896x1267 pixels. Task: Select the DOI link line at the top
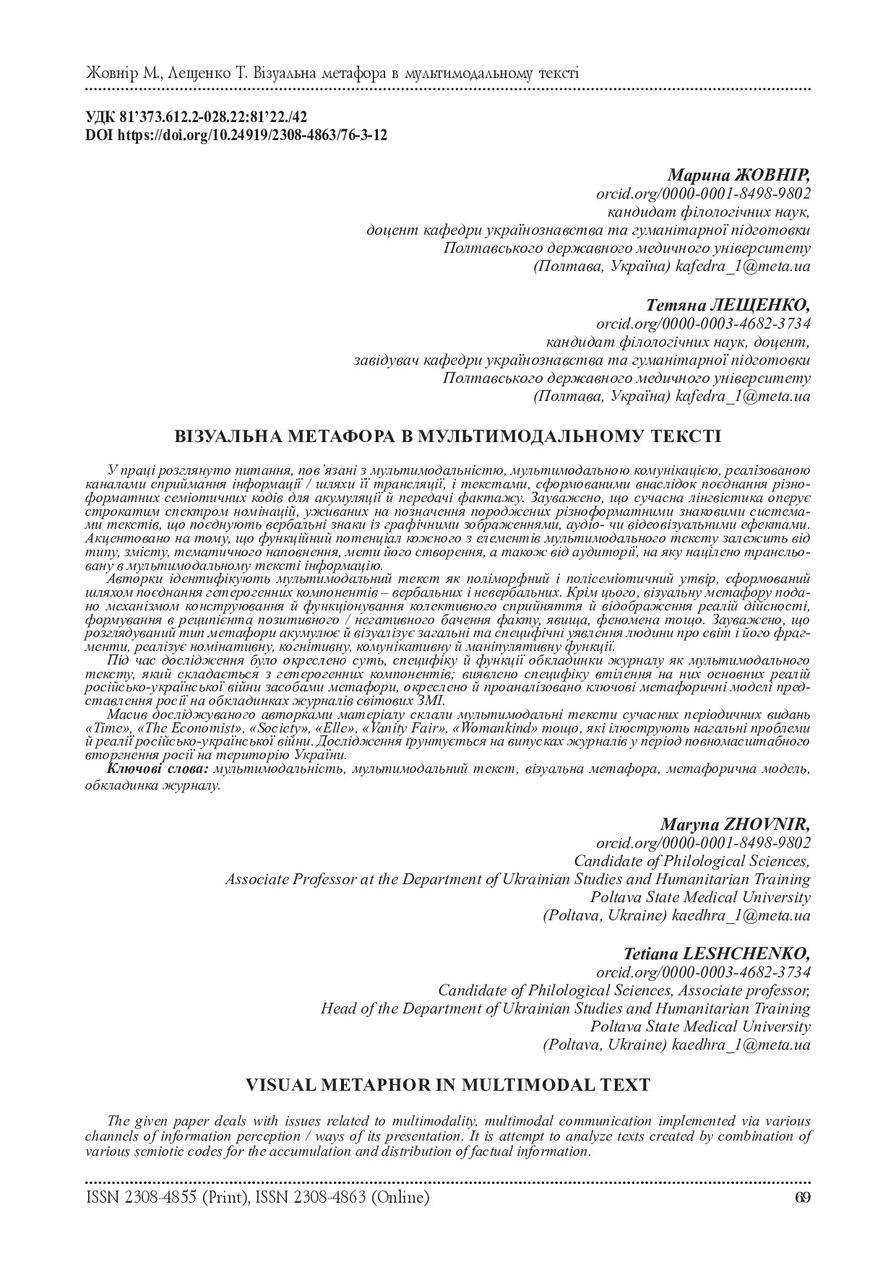click(x=236, y=134)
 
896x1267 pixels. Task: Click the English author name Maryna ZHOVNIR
click(x=735, y=825)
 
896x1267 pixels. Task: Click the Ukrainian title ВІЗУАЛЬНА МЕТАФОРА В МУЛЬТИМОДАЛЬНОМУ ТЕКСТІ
click(x=448, y=436)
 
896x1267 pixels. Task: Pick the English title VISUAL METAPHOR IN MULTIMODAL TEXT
click(x=448, y=1084)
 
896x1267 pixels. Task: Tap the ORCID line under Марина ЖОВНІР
click(x=703, y=194)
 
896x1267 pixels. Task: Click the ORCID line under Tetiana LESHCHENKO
click(x=703, y=972)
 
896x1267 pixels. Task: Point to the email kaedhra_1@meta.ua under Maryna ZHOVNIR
click(x=741, y=916)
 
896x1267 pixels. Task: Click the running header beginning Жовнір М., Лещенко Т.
click(x=332, y=73)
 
